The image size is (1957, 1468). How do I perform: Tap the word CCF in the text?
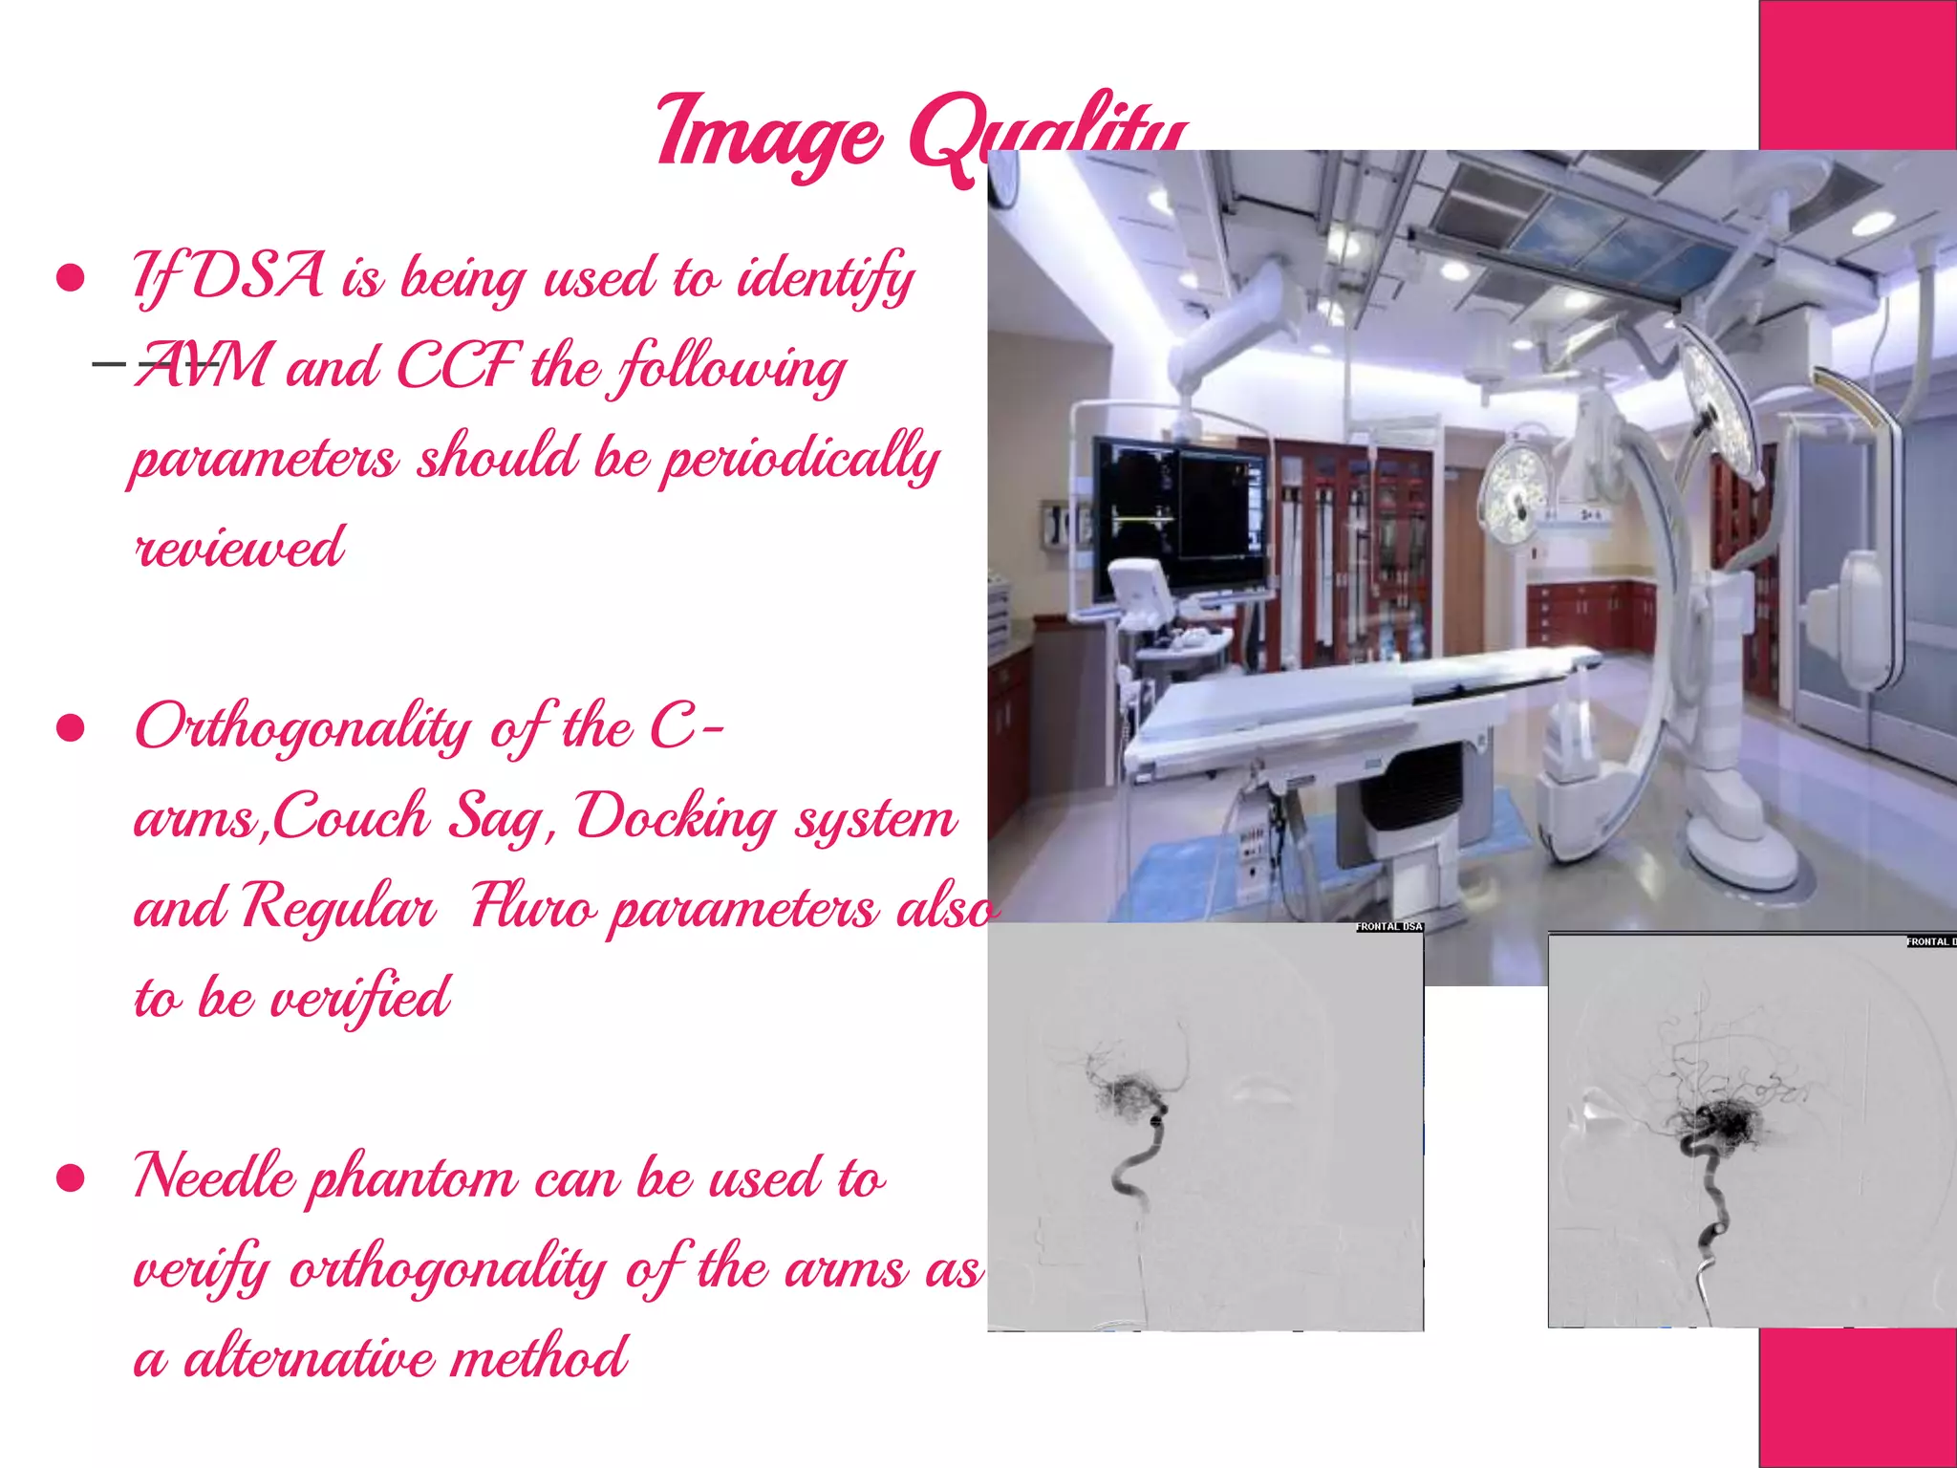pos(459,366)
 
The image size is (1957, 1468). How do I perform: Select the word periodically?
pos(801,458)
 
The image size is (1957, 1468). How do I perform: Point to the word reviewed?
pos(239,548)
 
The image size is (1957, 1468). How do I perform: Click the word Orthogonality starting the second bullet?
pos(303,729)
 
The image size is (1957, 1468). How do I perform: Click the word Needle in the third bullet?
pos(215,1177)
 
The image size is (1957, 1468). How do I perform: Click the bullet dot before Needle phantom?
pos(71,1179)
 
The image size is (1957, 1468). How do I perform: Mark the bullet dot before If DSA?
pos(71,278)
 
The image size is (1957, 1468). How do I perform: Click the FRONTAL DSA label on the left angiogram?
pos(1389,926)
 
